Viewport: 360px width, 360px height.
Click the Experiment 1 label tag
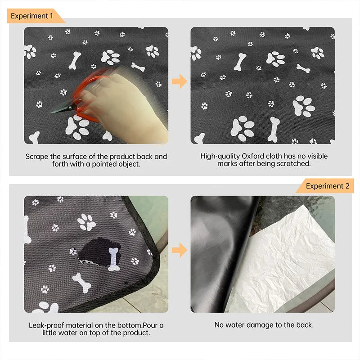click(x=32, y=16)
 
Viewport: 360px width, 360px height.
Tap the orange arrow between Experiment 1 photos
click(x=180, y=81)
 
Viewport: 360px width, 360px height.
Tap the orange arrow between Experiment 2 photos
click(x=180, y=250)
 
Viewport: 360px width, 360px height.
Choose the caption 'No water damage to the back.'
click(x=264, y=325)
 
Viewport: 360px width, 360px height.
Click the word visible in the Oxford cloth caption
click(x=316, y=157)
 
